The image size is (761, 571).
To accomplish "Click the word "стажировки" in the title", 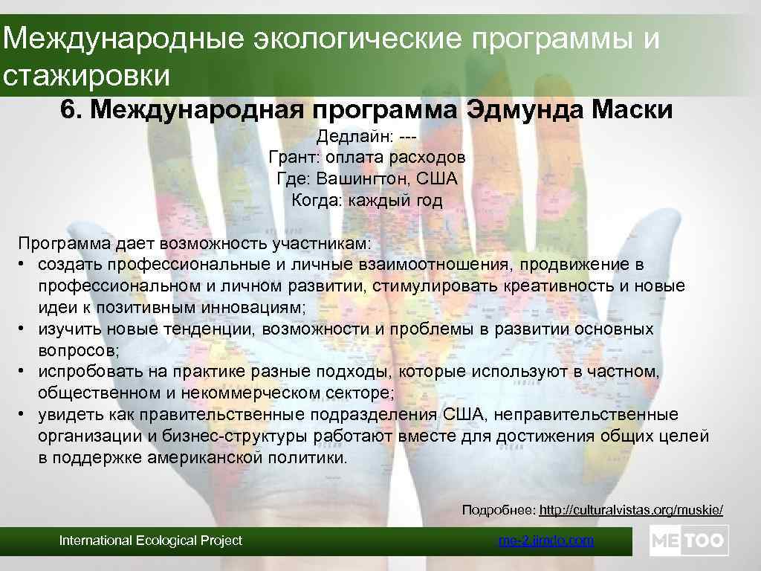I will [87, 76].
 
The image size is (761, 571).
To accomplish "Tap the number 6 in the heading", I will [68, 111].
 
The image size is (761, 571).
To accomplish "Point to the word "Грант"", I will [292, 158].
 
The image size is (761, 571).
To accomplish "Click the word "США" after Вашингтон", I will [437, 179].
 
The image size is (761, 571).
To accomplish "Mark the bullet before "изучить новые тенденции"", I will [25, 329].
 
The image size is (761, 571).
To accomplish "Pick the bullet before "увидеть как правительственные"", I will [25, 414].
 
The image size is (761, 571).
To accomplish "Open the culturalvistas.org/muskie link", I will [630, 510].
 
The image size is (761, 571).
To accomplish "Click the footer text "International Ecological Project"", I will [151, 541].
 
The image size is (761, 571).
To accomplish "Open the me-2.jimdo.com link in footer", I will [546, 541].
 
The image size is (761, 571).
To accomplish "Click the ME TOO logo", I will [689, 541].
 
